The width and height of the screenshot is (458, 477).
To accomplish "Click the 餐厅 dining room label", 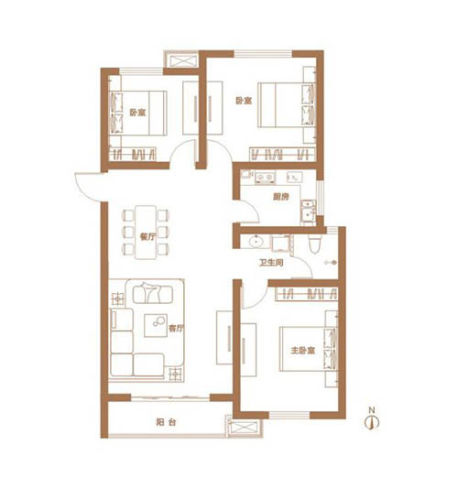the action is pyautogui.click(x=147, y=236).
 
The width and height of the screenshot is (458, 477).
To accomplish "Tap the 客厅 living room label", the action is pyautogui.click(x=176, y=329).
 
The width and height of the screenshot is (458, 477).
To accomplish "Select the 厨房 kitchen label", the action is pyautogui.click(x=280, y=197).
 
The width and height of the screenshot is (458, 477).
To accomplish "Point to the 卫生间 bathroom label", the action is pyautogui.click(x=271, y=263).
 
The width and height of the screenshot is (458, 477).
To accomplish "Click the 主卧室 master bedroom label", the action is pyautogui.click(x=302, y=351).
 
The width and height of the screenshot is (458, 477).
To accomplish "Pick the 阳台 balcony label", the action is pyautogui.click(x=166, y=422).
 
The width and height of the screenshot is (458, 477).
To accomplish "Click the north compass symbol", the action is pyautogui.click(x=372, y=419).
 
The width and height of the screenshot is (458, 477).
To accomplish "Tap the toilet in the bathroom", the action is pyautogui.click(x=314, y=245).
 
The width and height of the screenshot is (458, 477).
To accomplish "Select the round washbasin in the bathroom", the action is pyautogui.click(x=255, y=242).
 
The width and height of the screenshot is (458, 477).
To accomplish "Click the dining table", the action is pyautogui.click(x=146, y=233).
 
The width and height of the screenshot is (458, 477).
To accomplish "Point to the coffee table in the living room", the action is pyautogui.click(x=156, y=325).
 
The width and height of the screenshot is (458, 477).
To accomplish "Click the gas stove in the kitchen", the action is pyautogui.click(x=265, y=178).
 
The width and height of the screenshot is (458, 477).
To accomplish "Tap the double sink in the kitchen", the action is pyautogui.click(x=309, y=211).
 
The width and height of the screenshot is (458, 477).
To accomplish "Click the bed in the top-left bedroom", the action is pyautogui.click(x=138, y=113).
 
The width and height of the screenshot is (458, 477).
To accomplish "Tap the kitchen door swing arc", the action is pyautogui.click(x=253, y=207).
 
